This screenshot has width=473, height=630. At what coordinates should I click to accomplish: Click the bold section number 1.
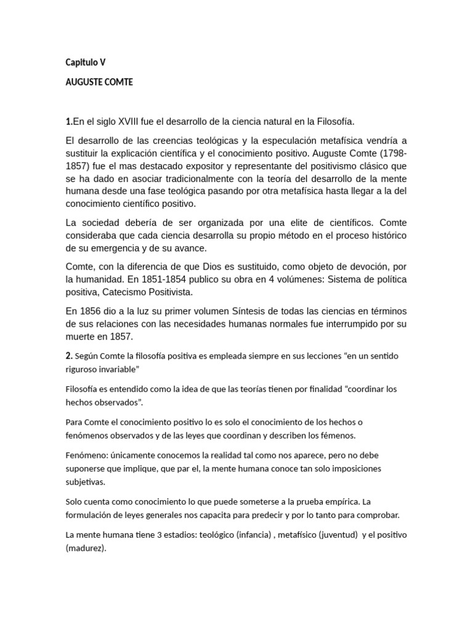coord(68,121)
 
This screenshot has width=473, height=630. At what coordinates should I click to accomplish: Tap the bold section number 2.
coord(68,356)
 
